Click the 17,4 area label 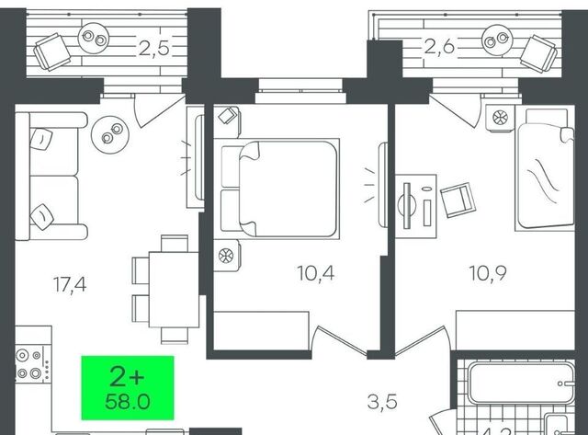pyautogui.click(x=69, y=283)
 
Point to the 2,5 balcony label pyautogui.click(x=153, y=48)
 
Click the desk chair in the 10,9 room pyautogui.click(x=457, y=199)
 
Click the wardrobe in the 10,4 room pyautogui.click(x=261, y=326)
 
